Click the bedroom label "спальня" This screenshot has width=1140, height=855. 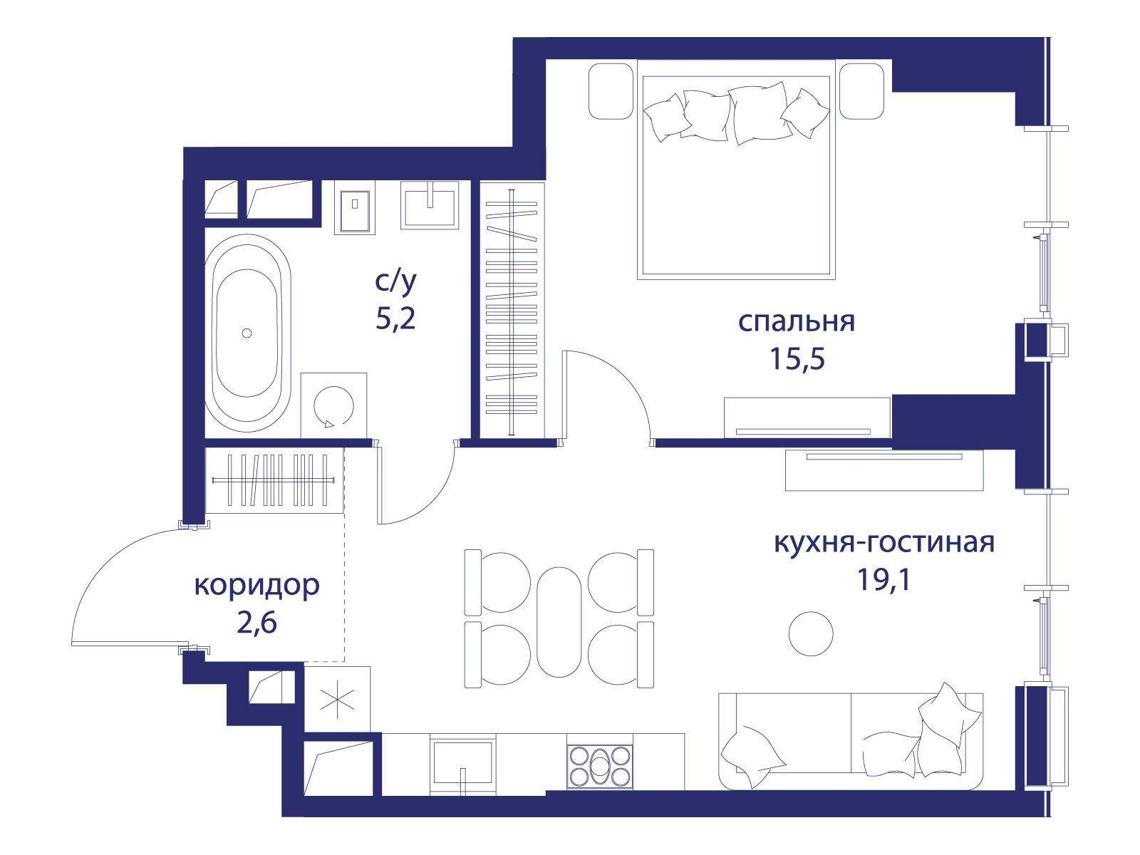click(x=796, y=322)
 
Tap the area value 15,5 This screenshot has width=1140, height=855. click(x=797, y=358)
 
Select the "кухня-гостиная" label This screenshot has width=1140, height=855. click(x=884, y=543)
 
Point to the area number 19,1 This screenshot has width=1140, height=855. click(x=884, y=579)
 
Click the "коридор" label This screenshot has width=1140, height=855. click(x=256, y=586)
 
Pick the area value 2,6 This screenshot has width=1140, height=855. click(x=256, y=623)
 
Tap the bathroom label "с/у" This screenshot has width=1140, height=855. click(x=395, y=282)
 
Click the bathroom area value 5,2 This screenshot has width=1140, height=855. click(x=395, y=318)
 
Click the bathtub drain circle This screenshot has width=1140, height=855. click(x=247, y=333)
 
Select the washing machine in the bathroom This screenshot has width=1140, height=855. click(x=334, y=405)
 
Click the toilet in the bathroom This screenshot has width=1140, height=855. click(x=354, y=207)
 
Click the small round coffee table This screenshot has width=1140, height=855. click(x=811, y=633)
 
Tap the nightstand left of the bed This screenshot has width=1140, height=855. click(x=611, y=91)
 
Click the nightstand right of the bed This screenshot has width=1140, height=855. click(x=862, y=91)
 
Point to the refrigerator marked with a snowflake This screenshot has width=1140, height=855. click(x=337, y=699)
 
